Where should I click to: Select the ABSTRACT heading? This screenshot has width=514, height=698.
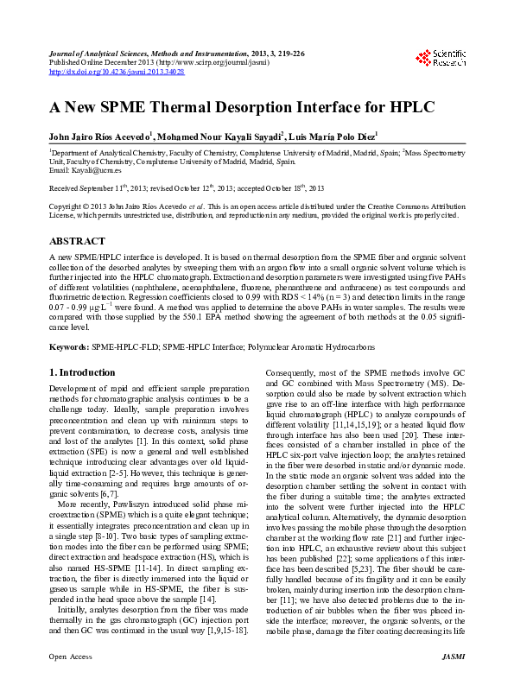tap(77, 241)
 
